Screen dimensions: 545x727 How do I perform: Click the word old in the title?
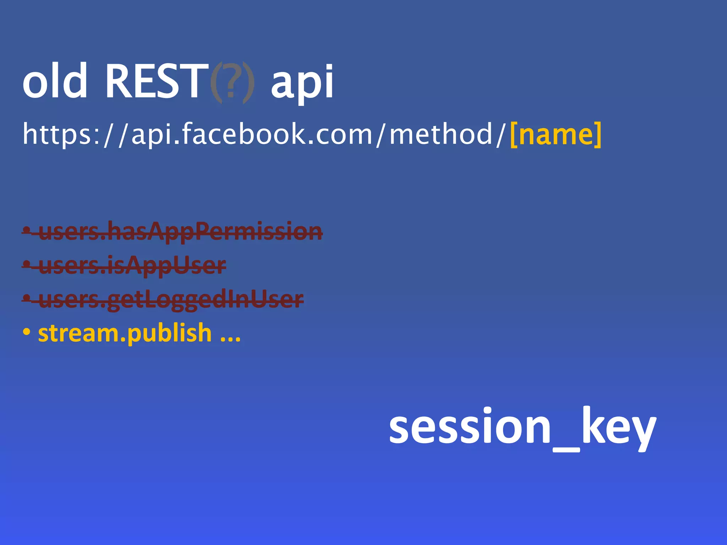click(55, 81)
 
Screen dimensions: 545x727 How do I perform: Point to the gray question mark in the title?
click(231, 82)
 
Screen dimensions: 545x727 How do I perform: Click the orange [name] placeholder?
click(556, 134)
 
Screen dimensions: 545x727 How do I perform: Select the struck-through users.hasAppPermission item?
click(180, 231)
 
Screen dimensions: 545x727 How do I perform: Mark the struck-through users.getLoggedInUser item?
click(171, 299)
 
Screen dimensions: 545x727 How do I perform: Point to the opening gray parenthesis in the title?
click(216, 82)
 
